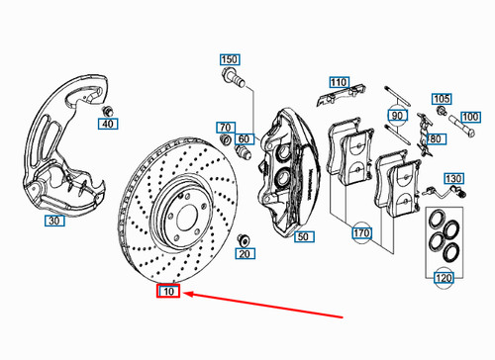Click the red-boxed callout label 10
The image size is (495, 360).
click(x=167, y=292)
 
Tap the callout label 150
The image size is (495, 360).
click(x=230, y=58)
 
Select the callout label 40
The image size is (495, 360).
click(x=108, y=124)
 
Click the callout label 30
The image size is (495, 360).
click(x=55, y=222)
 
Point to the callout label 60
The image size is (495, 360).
click(x=246, y=138)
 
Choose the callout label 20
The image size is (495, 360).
click(x=244, y=253)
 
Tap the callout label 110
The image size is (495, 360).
click(x=339, y=81)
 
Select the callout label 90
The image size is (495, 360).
click(x=398, y=116)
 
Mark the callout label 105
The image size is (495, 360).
click(x=442, y=99)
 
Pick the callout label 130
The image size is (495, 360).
click(x=452, y=179)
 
